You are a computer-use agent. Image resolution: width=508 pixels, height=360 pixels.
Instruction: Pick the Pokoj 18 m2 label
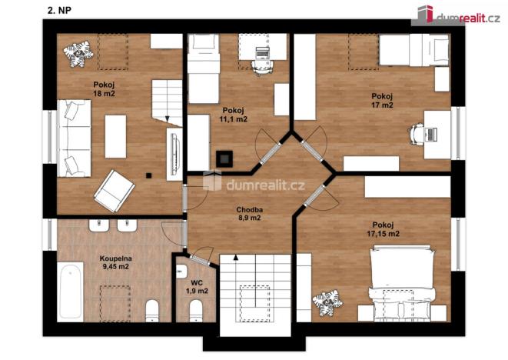pos(104,88)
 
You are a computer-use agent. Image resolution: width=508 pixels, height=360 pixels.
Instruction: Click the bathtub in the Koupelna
pos(71,289)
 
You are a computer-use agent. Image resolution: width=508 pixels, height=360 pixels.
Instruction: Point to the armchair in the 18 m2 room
pos(114,188)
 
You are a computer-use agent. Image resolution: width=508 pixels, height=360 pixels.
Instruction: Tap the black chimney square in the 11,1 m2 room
pos(224,158)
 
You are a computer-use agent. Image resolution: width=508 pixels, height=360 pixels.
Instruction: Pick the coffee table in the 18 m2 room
pos(116,135)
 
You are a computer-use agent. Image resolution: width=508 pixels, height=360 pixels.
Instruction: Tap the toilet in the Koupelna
pos(151,311)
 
